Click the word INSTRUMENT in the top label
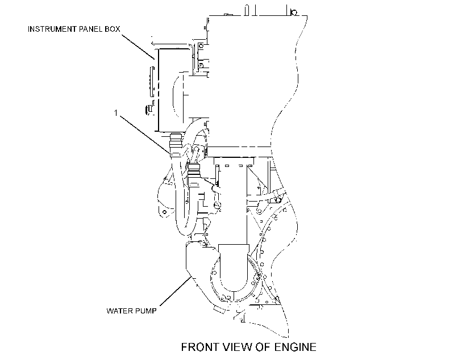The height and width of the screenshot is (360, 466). [x=52, y=29]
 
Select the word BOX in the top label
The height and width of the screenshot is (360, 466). [x=113, y=29]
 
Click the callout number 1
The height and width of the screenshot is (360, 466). [x=116, y=113]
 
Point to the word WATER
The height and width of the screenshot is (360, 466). [x=119, y=311]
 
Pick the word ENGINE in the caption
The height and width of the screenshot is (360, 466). [x=295, y=347]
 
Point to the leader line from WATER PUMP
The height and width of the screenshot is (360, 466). [x=176, y=291]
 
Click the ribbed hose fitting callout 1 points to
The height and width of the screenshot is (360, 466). [x=175, y=145]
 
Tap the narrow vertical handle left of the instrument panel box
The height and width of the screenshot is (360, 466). [x=152, y=81]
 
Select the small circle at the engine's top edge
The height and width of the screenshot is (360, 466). [x=294, y=12]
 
